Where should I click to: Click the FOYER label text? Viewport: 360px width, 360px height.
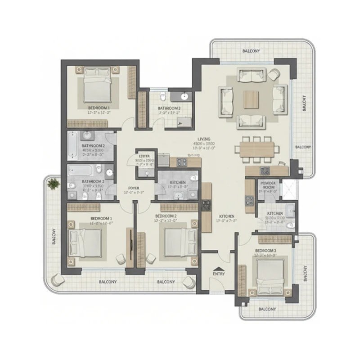point(133,188)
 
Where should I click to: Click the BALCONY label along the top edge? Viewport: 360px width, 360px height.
point(251,51)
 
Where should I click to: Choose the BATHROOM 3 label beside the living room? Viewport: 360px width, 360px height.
point(169,108)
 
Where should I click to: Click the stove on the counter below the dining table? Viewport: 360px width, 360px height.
point(265,170)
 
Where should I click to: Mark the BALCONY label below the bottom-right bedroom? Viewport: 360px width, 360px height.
point(267,309)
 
